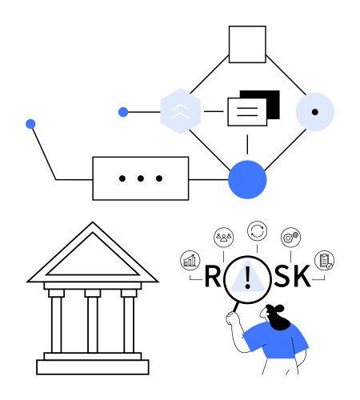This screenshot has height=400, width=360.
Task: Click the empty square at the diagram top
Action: (247, 44)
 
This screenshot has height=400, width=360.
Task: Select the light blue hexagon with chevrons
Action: (180, 111)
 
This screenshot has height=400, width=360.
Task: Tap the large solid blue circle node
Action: (247, 179)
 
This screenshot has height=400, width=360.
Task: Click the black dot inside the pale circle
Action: (315, 112)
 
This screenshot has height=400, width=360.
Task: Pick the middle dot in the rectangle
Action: (141, 178)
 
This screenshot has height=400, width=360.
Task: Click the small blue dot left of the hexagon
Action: (123, 112)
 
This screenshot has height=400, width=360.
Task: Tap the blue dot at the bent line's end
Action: (30, 124)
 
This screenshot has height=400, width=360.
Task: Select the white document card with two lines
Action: (247, 112)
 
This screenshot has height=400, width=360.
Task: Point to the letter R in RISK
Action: (213, 276)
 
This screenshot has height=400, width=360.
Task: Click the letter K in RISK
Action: (302, 276)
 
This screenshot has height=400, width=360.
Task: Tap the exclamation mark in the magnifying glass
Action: (248, 278)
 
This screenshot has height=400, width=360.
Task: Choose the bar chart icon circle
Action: (190, 261)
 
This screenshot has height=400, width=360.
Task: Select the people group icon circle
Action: (224, 237)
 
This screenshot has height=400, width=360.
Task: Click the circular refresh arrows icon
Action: (257, 231)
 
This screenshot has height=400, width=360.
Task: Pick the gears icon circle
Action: (290, 237)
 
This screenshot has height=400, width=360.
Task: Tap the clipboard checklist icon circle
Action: (324, 260)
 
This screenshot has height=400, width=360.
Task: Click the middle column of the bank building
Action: (93, 322)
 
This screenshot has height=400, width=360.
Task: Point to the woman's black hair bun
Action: (279, 309)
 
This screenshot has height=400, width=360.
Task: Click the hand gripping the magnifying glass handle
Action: (231, 318)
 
